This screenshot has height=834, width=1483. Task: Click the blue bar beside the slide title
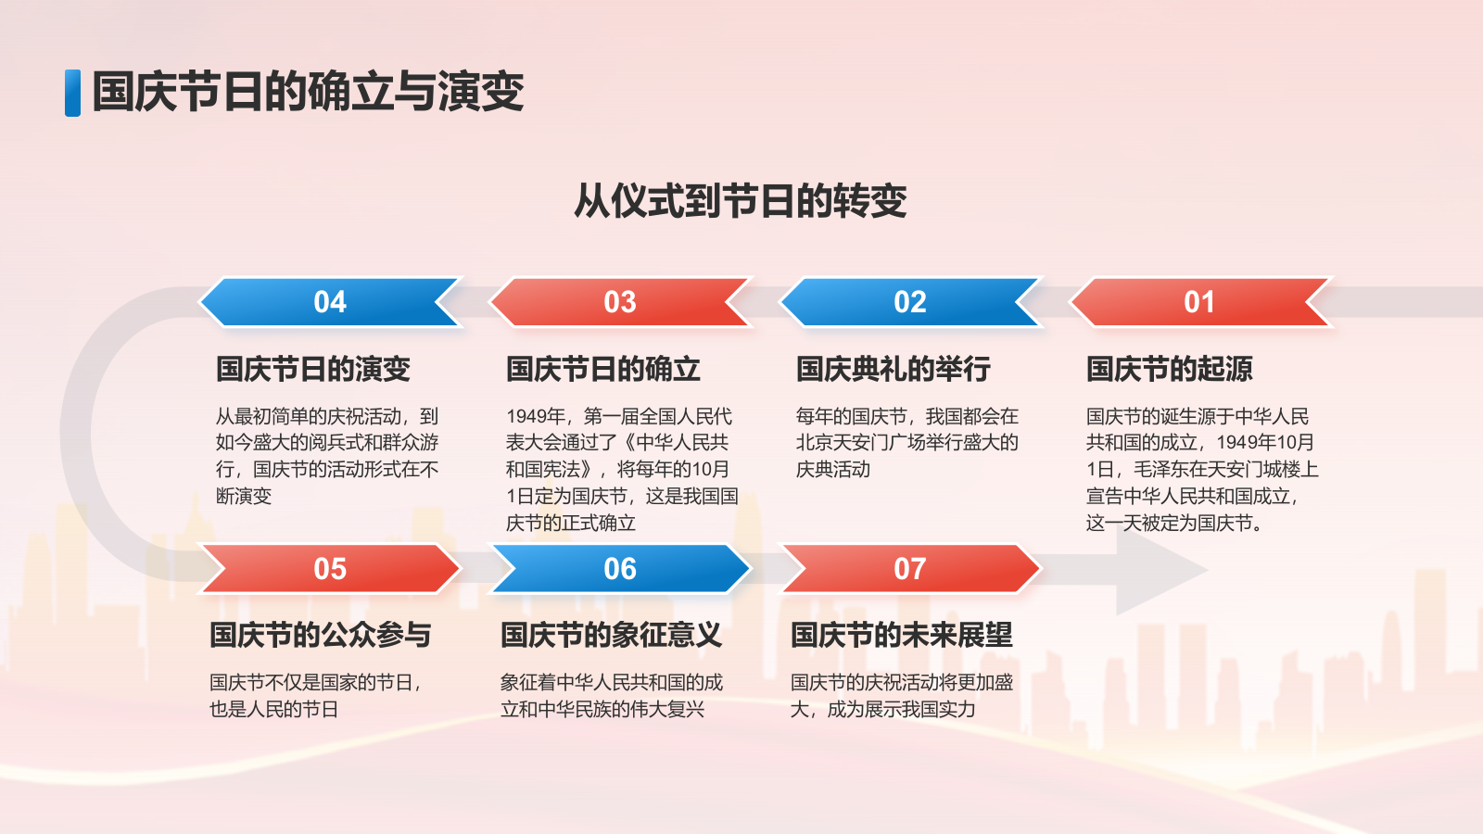click(x=72, y=93)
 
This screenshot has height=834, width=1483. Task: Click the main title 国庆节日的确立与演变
click(x=308, y=92)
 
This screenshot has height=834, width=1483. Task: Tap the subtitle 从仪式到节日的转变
click(x=740, y=200)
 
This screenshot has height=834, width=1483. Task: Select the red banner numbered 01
click(x=1199, y=302)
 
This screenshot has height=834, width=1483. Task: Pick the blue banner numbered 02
click(x=909, y=302)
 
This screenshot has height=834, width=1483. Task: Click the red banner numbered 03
click(x=619, y=302)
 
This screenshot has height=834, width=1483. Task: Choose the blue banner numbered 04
click(x=329, y=302)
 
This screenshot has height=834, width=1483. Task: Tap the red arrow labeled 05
click(x=329, y=568)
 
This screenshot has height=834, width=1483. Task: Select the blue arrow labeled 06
click(x=619, y=568)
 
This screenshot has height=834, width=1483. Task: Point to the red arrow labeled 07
click(x=909, y=568)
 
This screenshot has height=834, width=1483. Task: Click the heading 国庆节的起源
click(x=1169, y=369)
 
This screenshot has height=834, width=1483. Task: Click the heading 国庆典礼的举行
click(x=893, y=369)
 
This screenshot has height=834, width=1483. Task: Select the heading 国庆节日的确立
click(x=602, y=369)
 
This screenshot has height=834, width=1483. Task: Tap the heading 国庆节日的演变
click(x=312, y=369)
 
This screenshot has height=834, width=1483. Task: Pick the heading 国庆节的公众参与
click(x=320, y=635)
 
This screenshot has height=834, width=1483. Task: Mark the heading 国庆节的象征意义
click(x=610, y=635)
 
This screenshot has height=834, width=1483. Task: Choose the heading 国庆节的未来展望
click(x=900, y=635)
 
